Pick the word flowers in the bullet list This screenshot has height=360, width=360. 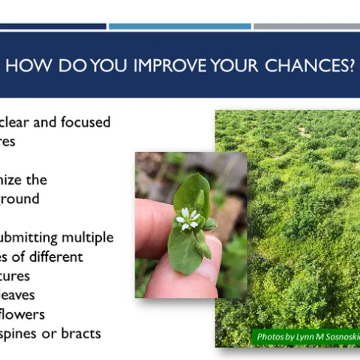click(23, 314)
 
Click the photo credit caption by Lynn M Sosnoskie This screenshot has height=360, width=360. click(305, 337)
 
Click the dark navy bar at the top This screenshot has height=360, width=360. click(52, 26)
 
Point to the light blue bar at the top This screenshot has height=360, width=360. click(179, 26)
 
